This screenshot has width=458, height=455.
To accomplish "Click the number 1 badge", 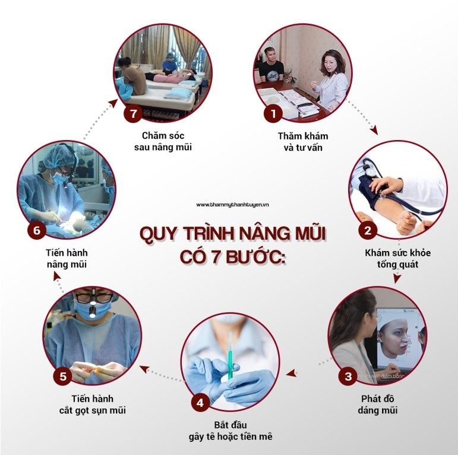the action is click(273, 113).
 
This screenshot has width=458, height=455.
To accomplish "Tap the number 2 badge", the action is click(368, 230).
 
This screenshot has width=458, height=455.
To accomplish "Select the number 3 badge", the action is click(348, 376).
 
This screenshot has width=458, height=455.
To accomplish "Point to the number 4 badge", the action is click(200, 403).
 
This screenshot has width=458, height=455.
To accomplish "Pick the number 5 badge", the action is click(63, 376).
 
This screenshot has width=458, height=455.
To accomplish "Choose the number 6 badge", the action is click(37, 230).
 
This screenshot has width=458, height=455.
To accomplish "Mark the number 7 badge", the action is click(133, 113).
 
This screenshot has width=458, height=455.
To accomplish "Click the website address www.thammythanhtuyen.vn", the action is click(232, 205).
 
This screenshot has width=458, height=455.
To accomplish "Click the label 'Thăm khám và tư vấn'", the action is click(303, 142).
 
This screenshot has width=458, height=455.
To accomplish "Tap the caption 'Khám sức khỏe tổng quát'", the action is click(397, 259).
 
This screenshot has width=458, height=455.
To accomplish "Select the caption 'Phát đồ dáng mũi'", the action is click(377, 404).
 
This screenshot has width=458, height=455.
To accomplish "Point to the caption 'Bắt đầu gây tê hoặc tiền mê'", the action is click(230, 431).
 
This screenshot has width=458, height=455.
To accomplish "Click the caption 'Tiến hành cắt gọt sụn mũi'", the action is click(92, 404).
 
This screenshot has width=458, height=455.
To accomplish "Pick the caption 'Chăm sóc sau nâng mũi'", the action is click(163, 141).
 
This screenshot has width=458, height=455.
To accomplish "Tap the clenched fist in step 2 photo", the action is click(406, 221).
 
